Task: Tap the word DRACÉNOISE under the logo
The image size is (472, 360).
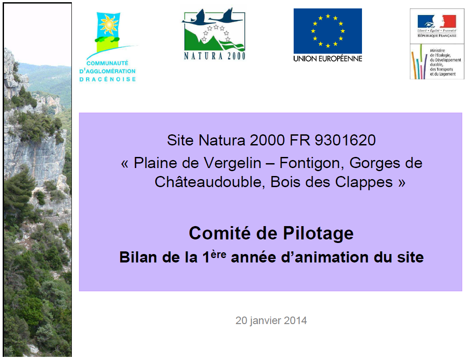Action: click(x=108, y=79)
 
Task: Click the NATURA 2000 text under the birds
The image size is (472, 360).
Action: click(x=215, y=56)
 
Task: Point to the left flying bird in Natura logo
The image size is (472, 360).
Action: click(x=194, y=18)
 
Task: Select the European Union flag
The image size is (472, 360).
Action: click(x=327, y=31)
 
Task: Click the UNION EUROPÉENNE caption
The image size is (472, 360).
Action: click(x=327, y=59)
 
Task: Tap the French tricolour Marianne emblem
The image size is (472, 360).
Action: click(x=437, y=21)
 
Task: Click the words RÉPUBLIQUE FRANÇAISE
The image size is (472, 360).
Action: click(x=437, y=36)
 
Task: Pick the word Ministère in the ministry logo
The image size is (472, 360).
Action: click(x=437, y=51)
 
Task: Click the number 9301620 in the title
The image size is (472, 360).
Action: click(x=345, y=140)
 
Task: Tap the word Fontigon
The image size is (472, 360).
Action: click(x=312, y=163)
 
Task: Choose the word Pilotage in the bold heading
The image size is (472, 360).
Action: click(x=318, y=234)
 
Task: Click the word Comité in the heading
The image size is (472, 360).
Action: click(x=220, y=233)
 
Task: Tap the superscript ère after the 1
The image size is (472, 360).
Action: click(x=219, y=254)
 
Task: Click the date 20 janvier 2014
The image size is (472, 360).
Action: click(x=271, y=321)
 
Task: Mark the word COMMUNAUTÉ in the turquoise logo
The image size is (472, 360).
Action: click(x=107, y=63)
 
